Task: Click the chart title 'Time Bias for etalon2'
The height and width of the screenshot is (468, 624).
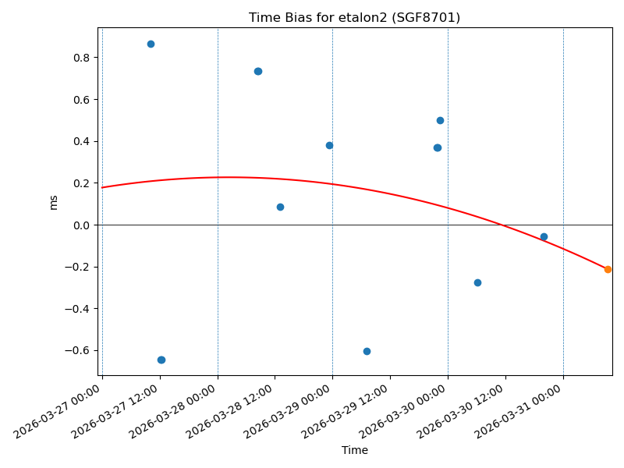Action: pyautogui.click(x=354, y=17)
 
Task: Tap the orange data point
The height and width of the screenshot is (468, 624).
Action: pyautogui.click(x=608, y=269)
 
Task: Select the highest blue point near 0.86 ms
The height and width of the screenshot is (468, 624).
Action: pyautogui.click(x=151, y=44)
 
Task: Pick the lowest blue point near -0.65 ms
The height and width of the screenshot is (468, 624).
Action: pyautogui.click(x=161, y=360)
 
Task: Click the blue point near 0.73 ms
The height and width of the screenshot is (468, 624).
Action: pyautogui.click(x=258, y=71)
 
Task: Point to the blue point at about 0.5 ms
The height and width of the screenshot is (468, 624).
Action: pyautogui.click(x=440, y=120)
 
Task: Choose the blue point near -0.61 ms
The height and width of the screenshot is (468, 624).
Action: pyautogui.click(x=367, y=351)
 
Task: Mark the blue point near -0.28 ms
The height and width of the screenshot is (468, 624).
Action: pyautogui.click(x=477, y=282)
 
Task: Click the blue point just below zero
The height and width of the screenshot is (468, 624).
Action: pyautogui.click(x=544, y=236)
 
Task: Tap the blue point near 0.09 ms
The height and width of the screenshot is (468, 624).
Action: pyautogui.click(x=280, y=207)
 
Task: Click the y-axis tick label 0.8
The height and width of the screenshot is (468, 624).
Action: pyautogui.click(x=81, y=58)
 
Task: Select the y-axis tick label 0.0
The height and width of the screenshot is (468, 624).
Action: pyautogui.click(x=81, y=225)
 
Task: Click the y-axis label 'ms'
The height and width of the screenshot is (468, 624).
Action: pyautogui.click(x=54, y=202)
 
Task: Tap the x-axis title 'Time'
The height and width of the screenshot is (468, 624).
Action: pyautogui.click(x=354, y=450)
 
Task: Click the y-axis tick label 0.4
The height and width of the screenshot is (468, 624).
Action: pyautogui.click(x=81, y=142)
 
